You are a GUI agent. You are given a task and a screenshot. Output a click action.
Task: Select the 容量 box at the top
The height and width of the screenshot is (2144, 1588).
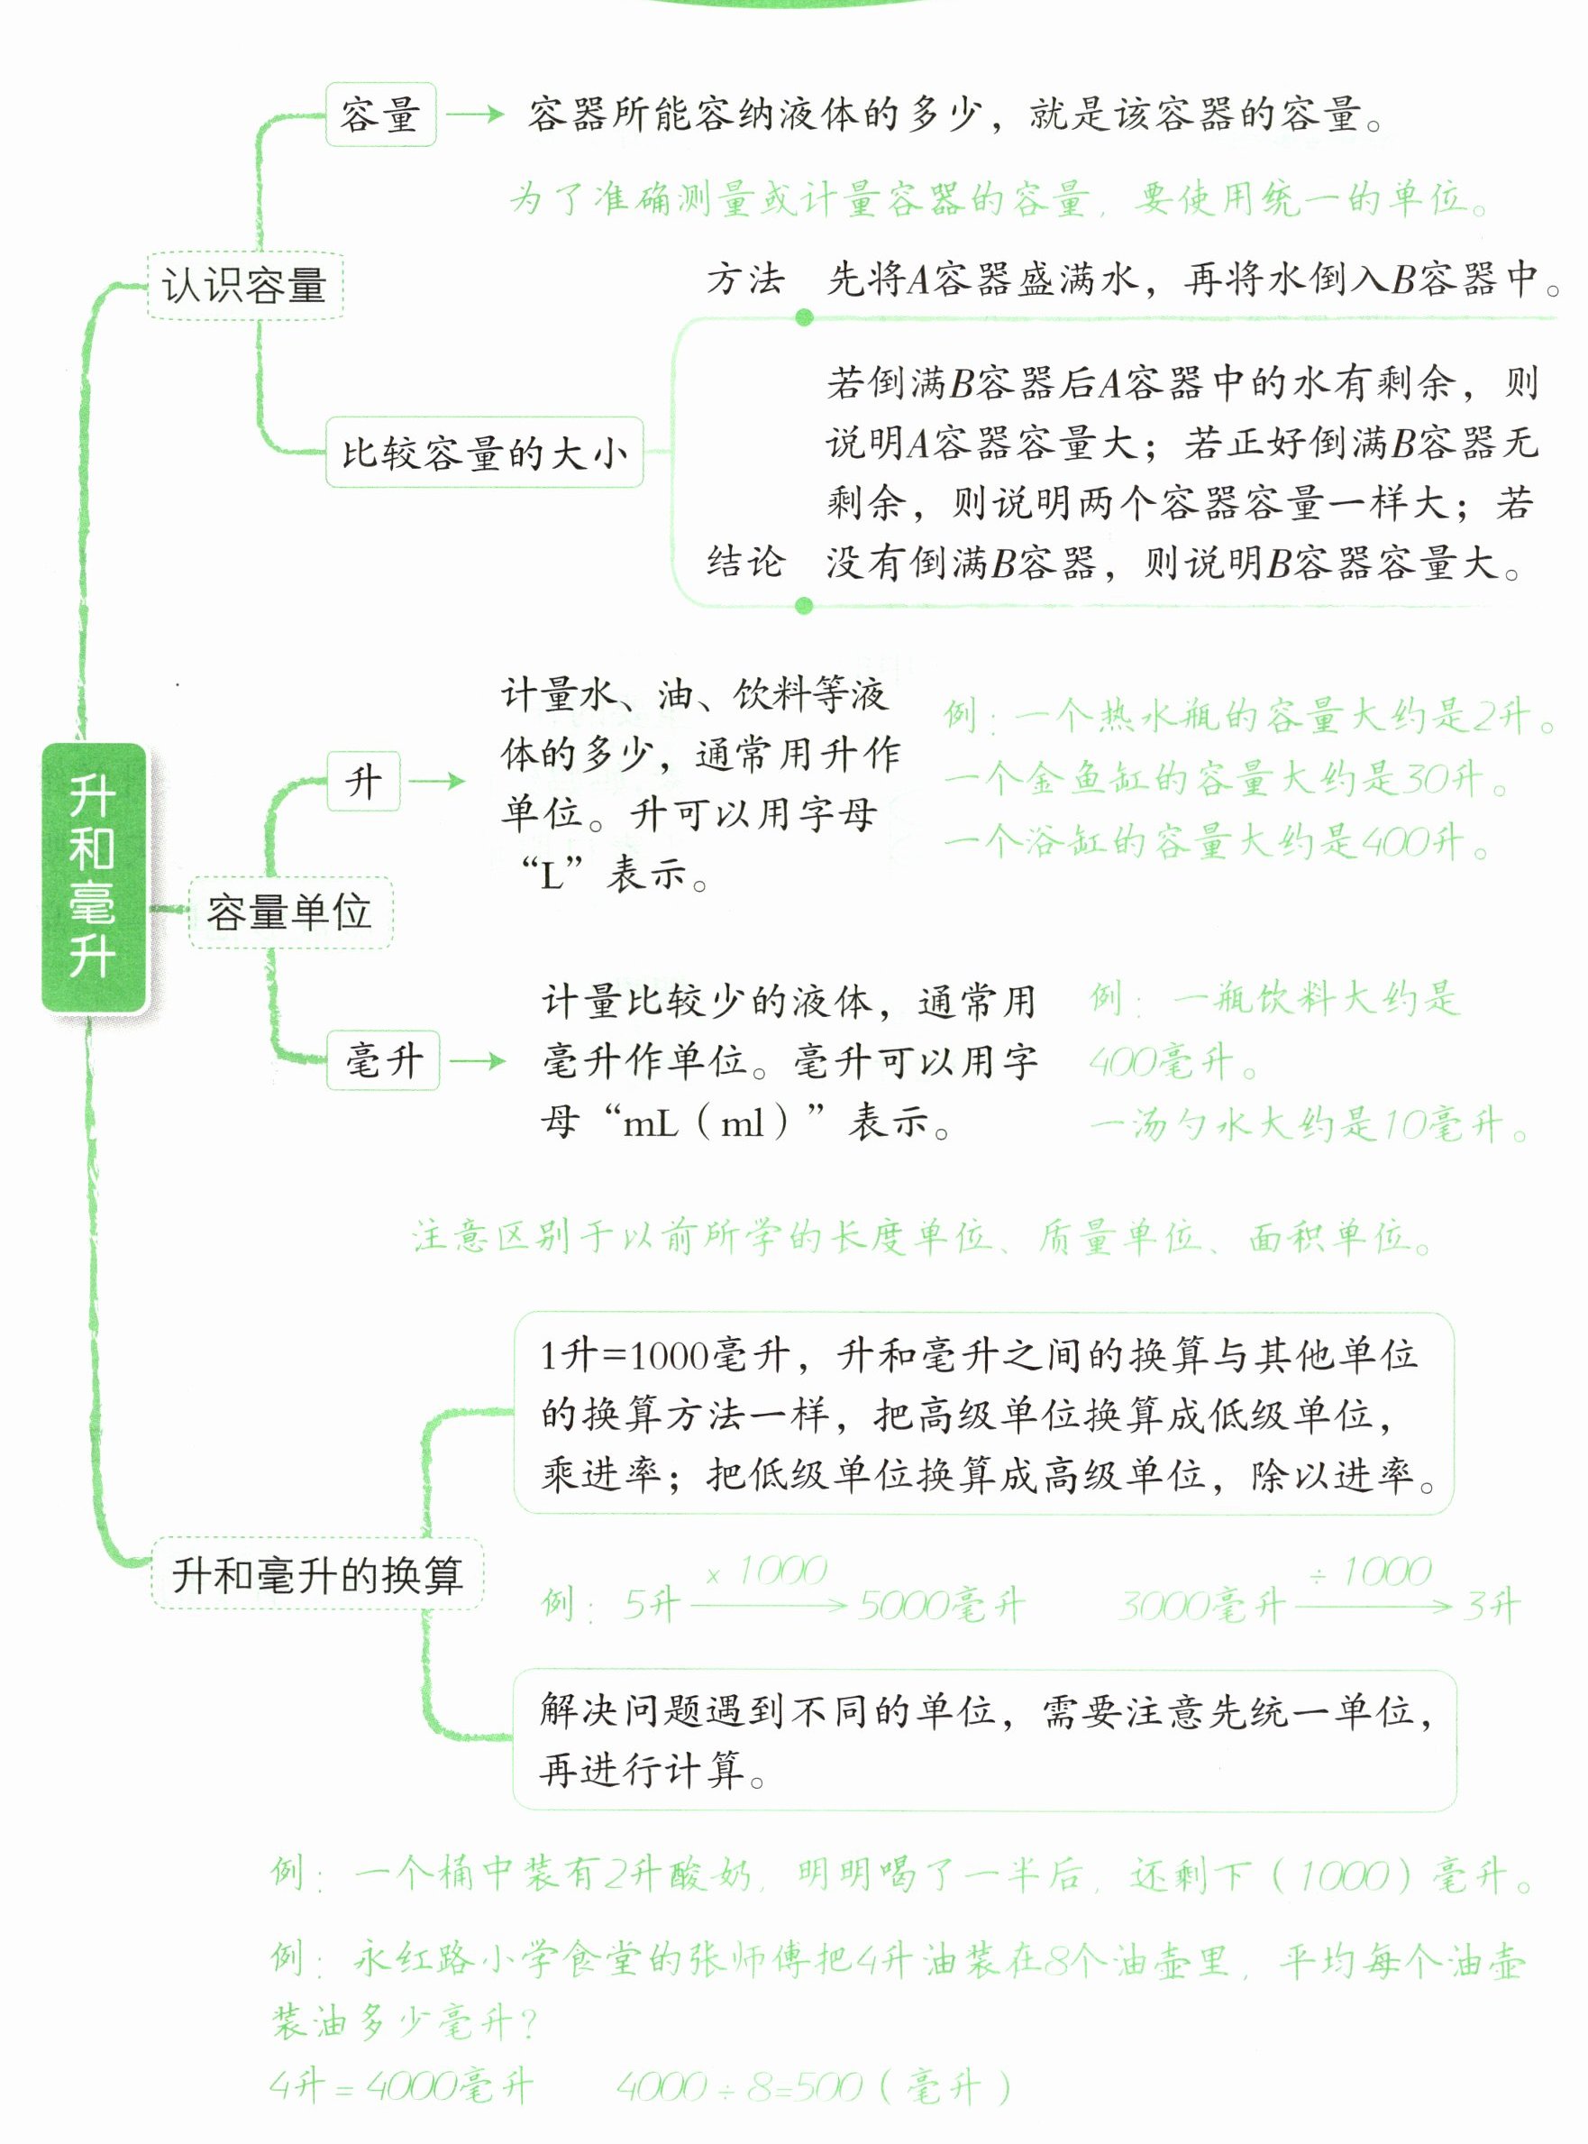380,115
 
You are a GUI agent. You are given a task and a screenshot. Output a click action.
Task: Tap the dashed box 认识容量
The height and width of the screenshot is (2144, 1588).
244,286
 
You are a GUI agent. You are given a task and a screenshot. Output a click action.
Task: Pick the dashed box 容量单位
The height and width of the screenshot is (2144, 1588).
289,912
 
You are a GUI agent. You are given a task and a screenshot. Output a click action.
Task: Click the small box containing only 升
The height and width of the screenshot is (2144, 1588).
363,781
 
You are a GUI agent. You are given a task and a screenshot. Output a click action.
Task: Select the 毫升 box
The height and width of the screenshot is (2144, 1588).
383,1060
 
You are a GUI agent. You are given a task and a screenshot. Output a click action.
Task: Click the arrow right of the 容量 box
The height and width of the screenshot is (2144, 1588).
476,115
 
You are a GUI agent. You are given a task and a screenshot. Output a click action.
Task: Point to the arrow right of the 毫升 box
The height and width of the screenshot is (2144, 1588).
478,1061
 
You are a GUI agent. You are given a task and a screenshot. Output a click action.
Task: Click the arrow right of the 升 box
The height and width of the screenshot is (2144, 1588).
437,781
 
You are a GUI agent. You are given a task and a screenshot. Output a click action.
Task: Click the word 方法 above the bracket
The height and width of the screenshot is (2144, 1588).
745,279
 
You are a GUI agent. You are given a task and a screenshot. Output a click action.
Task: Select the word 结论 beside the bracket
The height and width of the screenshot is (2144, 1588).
745,562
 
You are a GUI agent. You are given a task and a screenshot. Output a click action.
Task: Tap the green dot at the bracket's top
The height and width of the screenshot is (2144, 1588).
805,317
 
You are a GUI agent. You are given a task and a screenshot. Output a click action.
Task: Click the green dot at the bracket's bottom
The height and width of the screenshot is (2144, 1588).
805,605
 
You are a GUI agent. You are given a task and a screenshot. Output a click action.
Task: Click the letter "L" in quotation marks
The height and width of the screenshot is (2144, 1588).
552,875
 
